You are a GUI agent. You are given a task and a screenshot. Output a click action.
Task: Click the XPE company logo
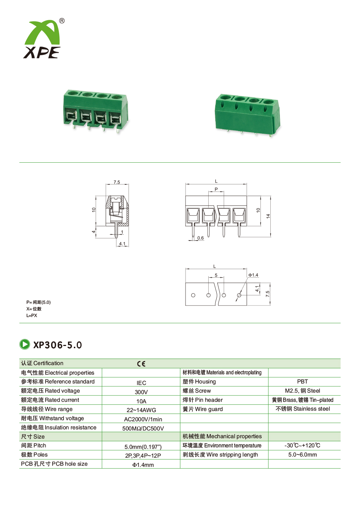point(42,39)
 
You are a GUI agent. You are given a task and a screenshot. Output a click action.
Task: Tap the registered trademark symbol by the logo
point(62,21)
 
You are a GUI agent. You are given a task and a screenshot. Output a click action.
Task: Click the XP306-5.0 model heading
point(57,345)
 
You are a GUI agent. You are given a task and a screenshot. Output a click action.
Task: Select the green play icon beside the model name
point(25,345)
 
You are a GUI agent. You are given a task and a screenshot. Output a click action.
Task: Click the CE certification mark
point(141,364)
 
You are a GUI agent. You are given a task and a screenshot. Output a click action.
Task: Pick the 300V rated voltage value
point(141,392)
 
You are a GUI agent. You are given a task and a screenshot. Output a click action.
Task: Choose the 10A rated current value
point(141,401)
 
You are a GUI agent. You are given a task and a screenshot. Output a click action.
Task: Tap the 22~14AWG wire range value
point(141,410)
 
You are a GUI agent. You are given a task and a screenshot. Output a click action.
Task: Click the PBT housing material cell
point(302,382)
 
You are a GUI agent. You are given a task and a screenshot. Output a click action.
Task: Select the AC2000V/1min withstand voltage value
point(143,419)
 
